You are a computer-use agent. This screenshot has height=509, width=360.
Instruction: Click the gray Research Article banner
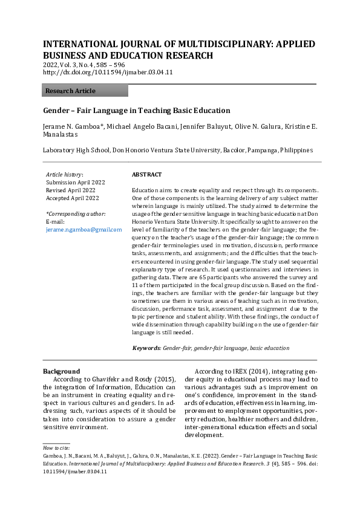coord(85,91)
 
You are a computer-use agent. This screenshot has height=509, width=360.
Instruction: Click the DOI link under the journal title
coord(108,72)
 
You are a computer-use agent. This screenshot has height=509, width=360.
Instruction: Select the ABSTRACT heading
coord(146,175)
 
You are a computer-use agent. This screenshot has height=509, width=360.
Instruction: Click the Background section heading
coord(61,371)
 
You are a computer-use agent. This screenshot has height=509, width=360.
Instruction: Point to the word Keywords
coord(146,348)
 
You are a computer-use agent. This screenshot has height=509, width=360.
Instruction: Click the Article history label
coord(65,174)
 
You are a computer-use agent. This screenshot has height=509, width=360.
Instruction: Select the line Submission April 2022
coord(74,182)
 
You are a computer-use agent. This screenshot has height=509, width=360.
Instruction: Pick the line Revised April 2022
coord(70,190)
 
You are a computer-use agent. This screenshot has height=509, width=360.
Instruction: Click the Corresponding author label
coord(76,214)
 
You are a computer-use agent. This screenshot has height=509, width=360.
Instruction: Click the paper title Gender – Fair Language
coord(136,111)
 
